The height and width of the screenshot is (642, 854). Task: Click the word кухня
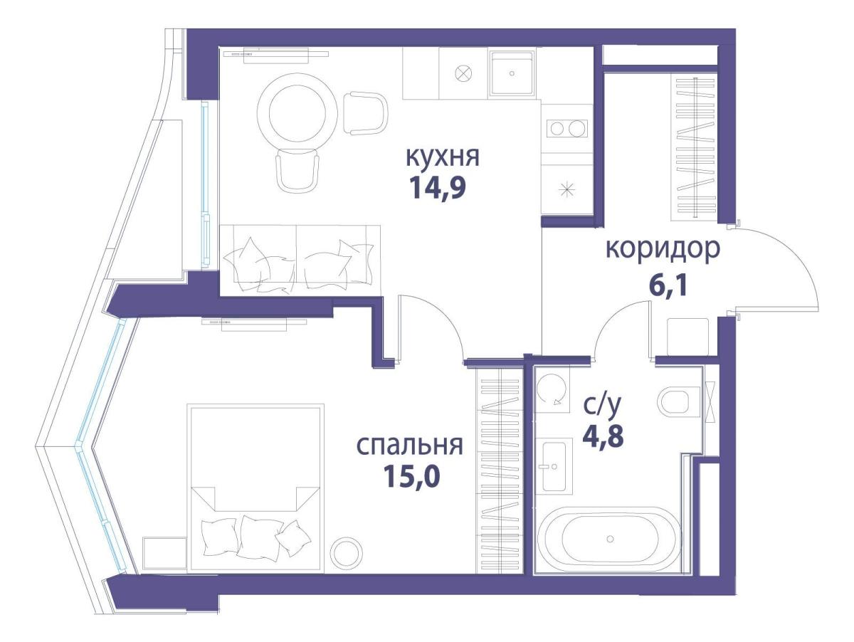click(442, 157)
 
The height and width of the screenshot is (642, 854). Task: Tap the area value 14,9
click(441, 189)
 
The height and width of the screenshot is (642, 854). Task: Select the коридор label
click(663, 250)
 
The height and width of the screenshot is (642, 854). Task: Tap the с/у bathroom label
click(602, 406)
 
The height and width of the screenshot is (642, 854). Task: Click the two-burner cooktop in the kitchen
click(566, 129)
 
